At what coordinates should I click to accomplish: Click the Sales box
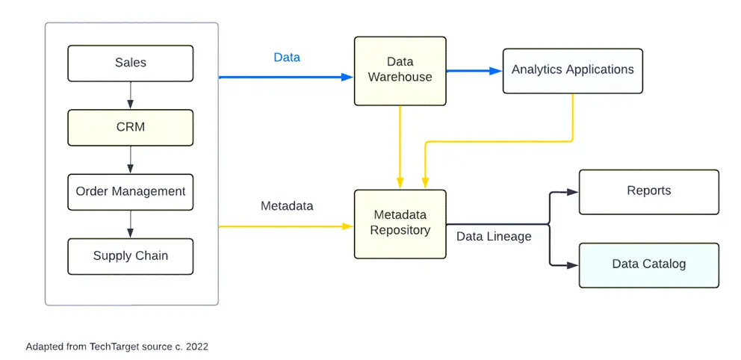click(131, 63)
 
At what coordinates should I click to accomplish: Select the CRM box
click(131, 128)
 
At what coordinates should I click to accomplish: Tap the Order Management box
click(131, 192)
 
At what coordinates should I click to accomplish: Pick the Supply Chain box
click(131, 256)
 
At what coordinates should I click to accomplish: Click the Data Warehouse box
click(400, 70)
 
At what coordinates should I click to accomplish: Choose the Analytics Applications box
click(572, 70)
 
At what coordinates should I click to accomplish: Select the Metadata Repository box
click(400, 223)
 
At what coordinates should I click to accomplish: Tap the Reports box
click(648, 192)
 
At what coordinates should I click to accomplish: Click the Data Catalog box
click(648, 264)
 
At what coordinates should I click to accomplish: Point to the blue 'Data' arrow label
click(287, 58)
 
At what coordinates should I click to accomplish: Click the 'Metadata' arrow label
click(287, 205)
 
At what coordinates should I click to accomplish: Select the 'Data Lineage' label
click(494, 237)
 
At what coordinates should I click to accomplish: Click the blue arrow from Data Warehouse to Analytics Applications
click(474, 71)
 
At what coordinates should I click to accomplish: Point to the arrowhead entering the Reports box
click(572, 192)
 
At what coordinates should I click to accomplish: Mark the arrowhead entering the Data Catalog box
click(572, 264)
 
